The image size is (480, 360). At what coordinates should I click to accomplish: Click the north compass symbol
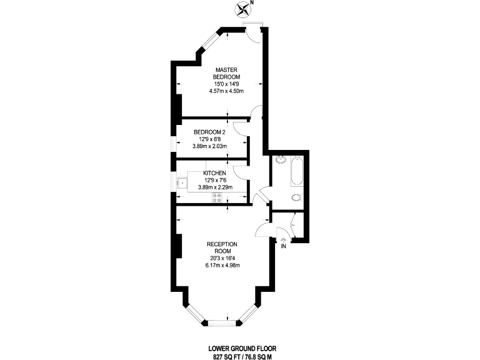click(x=243, y=9)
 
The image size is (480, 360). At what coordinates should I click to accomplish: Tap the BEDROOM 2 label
click(x=209, y=132)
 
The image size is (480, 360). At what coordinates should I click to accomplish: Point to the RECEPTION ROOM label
click(x=222, y=247)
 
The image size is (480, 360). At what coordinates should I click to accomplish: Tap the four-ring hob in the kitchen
click(x=218, y=197)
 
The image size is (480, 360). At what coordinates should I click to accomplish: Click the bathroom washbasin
click(x=279, y=160)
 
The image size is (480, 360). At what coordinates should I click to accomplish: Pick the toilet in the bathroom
click(x=296, y=198)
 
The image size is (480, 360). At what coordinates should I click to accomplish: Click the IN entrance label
click(x=283, y=246)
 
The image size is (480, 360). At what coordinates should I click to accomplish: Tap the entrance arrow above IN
click(x=283, y=238)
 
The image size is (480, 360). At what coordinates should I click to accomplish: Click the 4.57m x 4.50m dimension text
click(x=226, y=91)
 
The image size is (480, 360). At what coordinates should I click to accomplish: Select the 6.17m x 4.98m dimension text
click(x=222, y=265)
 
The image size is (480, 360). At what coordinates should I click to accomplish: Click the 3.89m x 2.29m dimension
click(x=214, y=187)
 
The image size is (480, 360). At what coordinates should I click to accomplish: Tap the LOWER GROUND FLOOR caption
click(x=242, y=347)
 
